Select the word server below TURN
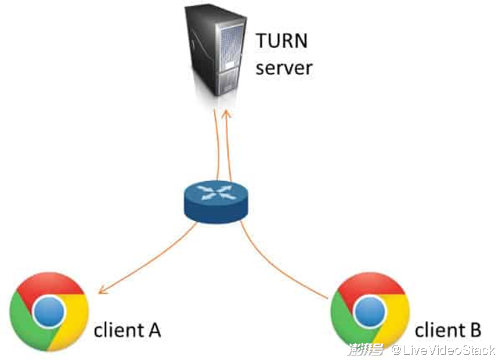[284, 68]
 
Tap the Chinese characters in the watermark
[366, 350]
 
